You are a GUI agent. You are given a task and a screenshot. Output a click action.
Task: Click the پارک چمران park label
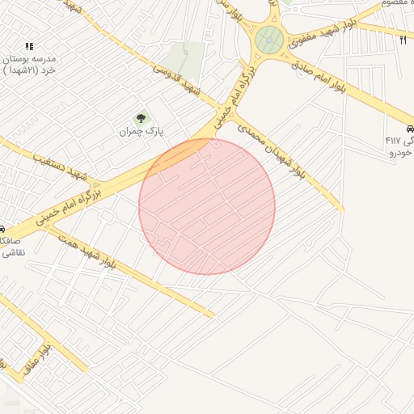click(142, 131)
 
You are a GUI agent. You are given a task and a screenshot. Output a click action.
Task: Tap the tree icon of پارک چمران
click(142, 119)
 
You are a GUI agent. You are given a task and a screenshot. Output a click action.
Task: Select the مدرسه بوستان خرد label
click(28, 65)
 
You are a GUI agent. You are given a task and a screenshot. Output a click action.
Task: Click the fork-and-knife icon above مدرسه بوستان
click(29, 47)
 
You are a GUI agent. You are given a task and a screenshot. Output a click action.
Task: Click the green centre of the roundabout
click(269, 39)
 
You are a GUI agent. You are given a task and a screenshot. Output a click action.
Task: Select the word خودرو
click(401, 152)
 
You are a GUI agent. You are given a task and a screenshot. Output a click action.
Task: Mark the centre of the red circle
click(207, 206)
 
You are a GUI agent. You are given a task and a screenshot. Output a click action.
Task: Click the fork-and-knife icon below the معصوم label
click(403, 39)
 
